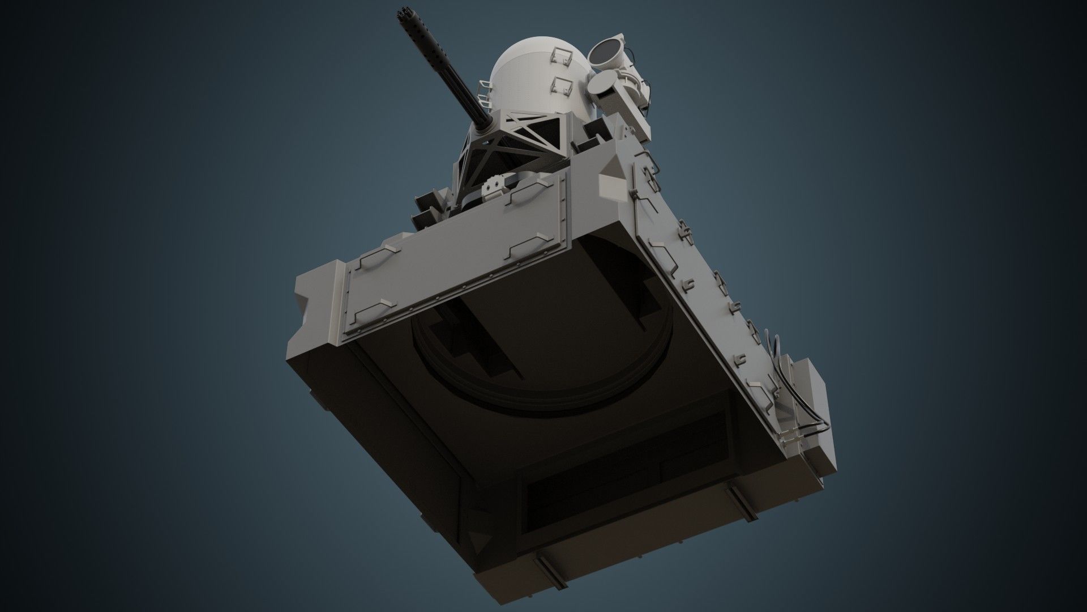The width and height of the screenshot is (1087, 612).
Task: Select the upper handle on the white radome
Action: point(560,54)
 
